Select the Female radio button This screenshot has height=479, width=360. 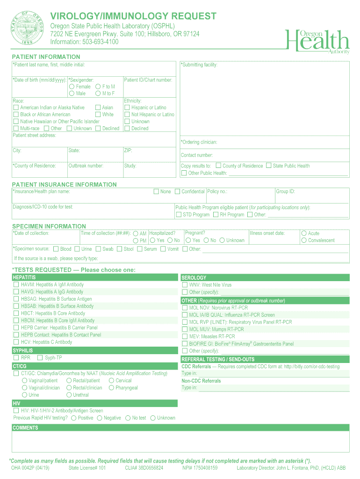coord(72,87)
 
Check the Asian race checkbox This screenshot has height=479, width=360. coord(98,108)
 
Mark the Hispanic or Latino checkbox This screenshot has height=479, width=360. coord(127,108)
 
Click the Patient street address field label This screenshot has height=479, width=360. coord(34,135)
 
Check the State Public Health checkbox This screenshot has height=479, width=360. coord(268,166)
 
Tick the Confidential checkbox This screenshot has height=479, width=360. coord(177,191)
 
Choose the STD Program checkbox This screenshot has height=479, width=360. coord(179,215)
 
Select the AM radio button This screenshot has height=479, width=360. coord(136,233)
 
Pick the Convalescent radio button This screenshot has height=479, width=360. coord(304,240)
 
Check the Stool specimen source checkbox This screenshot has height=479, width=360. coord(119,249)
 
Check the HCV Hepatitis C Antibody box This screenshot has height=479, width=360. coord(16,342)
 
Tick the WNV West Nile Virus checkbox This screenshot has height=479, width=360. coord(185,285)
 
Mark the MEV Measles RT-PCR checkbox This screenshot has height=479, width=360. coord(185,336)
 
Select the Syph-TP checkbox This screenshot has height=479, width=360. coord(40,358)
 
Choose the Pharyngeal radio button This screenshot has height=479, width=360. coord(111,388)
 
